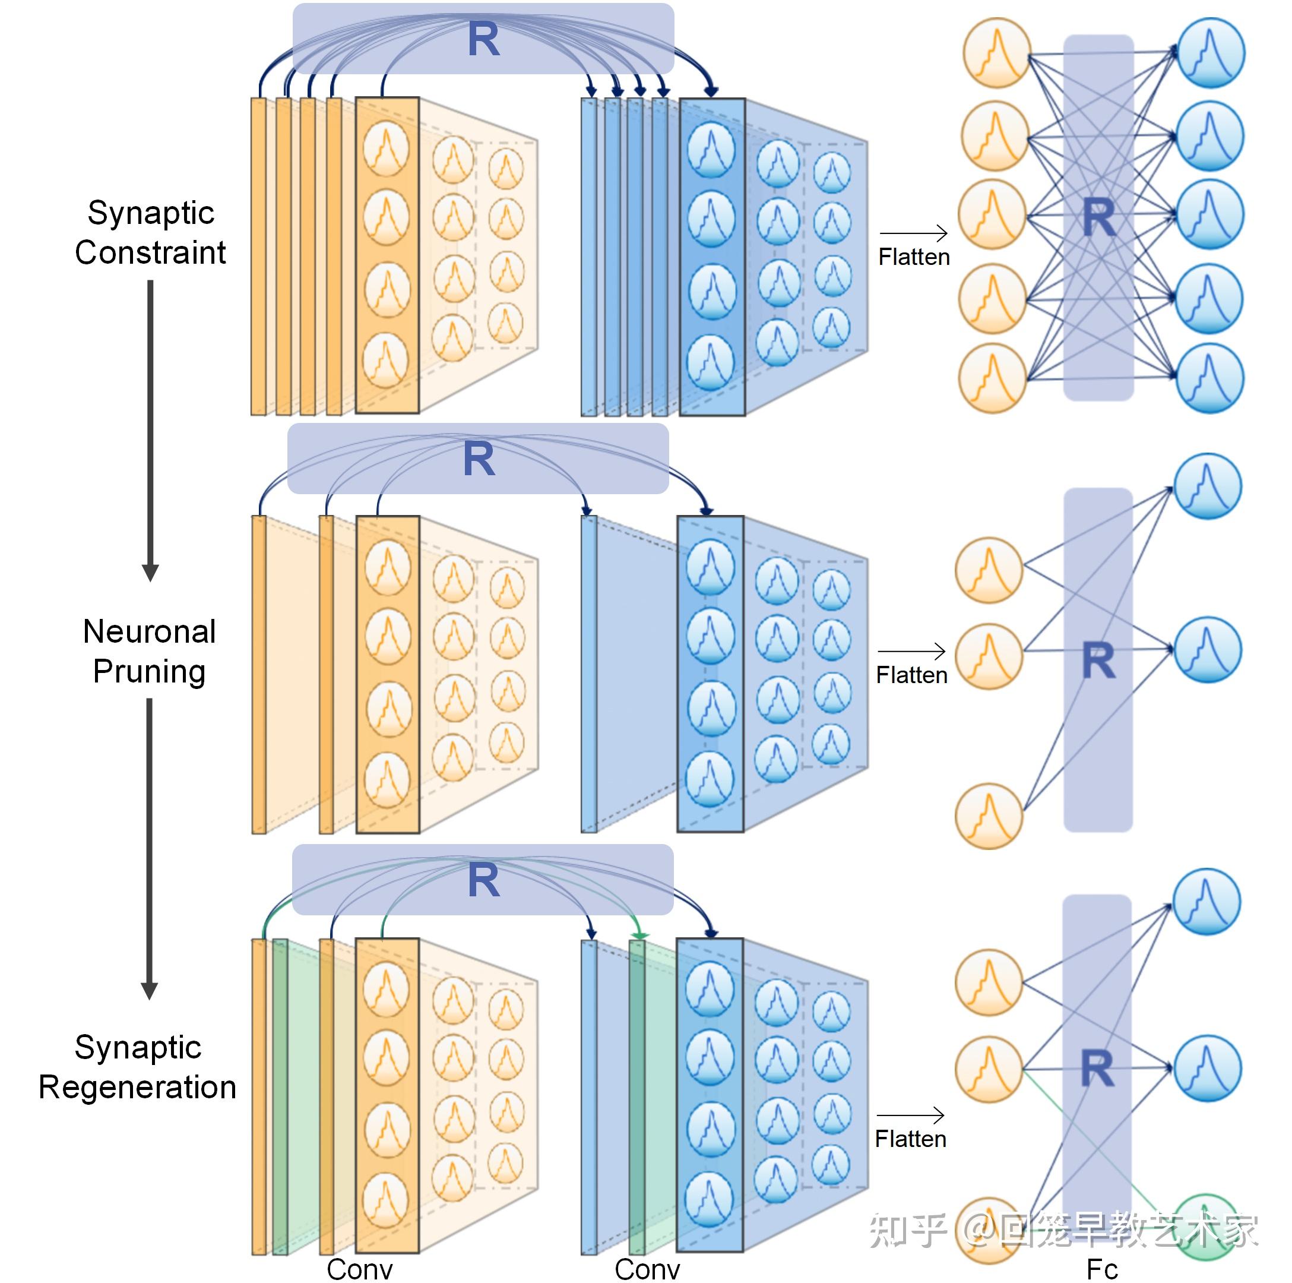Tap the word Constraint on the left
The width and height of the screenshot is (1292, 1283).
point(150,253)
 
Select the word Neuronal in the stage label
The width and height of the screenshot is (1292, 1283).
point(149,631)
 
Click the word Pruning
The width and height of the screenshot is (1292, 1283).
point(149,672)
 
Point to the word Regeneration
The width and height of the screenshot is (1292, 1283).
point(138,1087)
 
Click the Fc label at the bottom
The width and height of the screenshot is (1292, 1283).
point(1101,1269)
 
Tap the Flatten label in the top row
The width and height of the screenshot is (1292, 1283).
point(914,257)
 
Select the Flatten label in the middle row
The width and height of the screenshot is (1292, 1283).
point(911,675)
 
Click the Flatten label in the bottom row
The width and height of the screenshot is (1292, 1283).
point(910,1139)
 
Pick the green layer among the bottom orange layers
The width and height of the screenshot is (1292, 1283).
point(280,1097)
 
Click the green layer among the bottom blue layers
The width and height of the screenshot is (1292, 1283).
point(637,1097)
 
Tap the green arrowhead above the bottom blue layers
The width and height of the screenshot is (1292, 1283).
point(640,935)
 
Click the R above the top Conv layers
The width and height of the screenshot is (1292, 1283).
point(483,39)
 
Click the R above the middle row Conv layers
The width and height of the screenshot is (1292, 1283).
point(479,459)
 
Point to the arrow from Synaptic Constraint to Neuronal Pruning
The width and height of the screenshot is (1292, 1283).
point(150,428)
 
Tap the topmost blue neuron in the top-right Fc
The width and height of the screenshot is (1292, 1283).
point(1211,53)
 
